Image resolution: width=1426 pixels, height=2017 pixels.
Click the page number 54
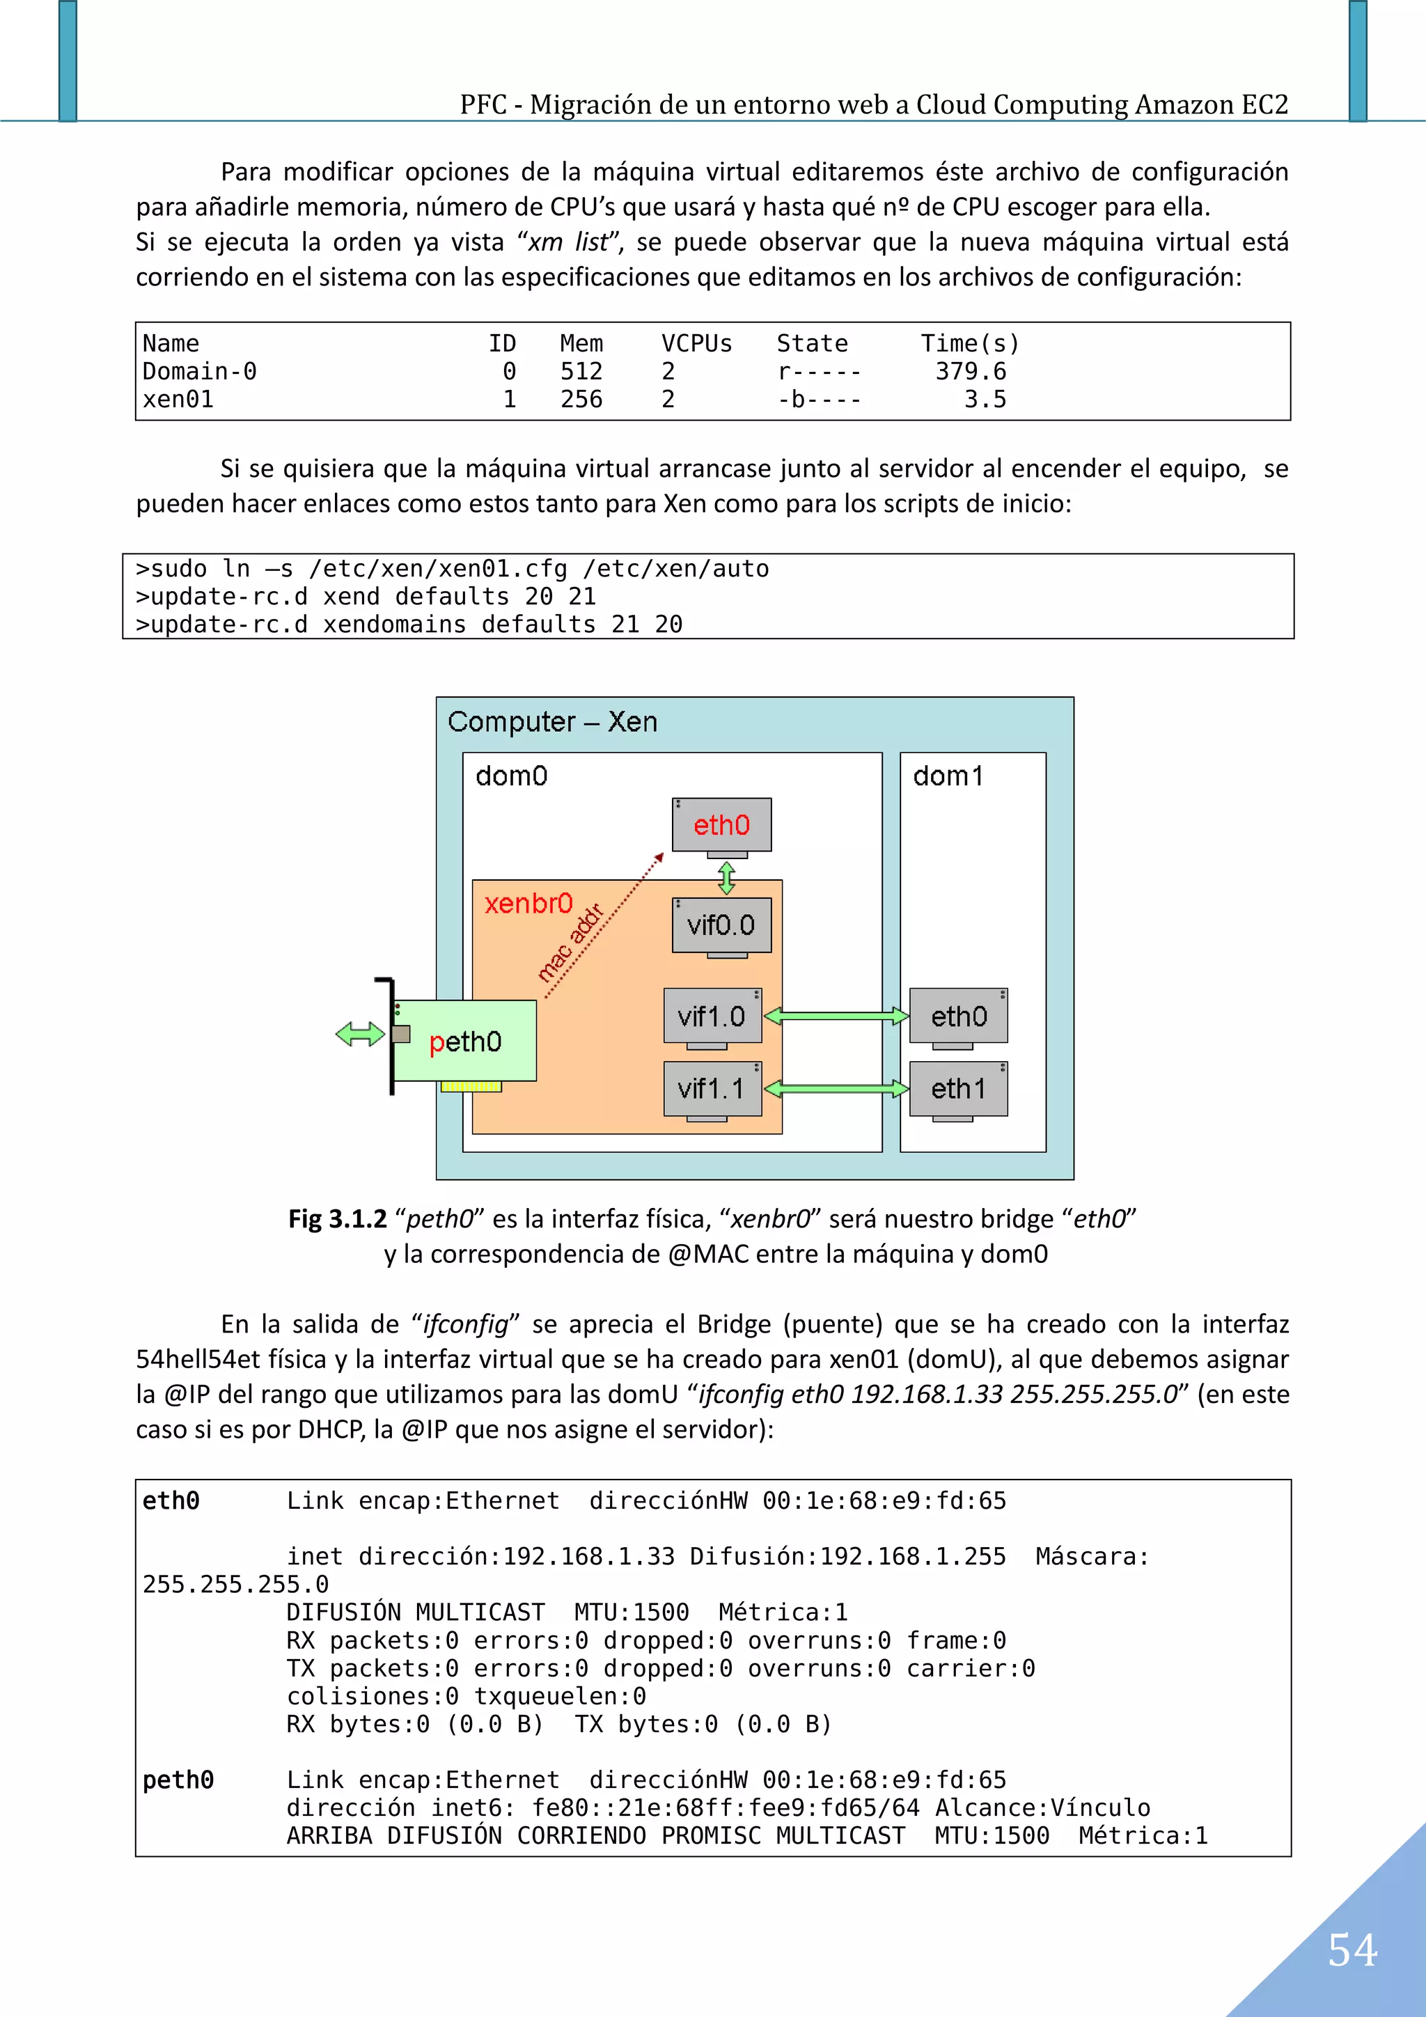1351,1950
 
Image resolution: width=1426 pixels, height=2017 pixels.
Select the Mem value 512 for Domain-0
581,372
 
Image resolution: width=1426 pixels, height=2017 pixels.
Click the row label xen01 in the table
178,400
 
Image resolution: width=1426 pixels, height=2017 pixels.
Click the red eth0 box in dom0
721,825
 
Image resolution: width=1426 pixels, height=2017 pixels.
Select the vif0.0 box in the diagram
721,925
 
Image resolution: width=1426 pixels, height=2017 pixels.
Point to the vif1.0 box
712,1017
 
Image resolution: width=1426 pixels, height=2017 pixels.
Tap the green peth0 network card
466,1042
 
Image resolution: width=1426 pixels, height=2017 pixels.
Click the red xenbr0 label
528,903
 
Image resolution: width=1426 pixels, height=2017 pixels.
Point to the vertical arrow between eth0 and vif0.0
727,877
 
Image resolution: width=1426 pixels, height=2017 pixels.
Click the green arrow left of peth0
360,1034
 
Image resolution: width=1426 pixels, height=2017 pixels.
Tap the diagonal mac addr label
570,943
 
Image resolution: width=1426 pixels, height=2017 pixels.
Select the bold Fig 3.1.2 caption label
338,1218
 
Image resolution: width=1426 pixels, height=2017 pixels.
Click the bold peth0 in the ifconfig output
178,1780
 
